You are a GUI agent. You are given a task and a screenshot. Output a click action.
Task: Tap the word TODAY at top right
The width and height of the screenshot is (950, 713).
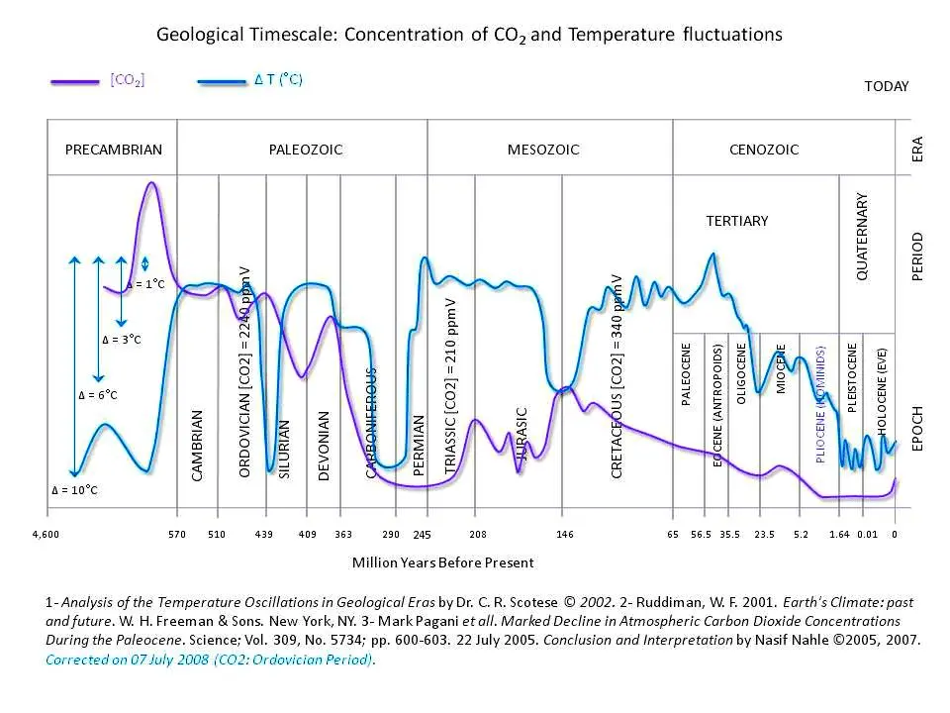[x=886, y=86]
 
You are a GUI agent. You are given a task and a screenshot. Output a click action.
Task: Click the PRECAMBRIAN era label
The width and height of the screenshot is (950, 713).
[x=113, y=150]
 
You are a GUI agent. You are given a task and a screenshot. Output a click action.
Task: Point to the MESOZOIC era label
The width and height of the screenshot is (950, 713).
[x=543, y=150]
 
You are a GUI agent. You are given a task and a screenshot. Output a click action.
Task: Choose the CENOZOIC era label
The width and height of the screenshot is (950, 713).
[x=763, y=150]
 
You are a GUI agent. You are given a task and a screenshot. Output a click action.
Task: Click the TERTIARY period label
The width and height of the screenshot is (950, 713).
[x=736, y=221]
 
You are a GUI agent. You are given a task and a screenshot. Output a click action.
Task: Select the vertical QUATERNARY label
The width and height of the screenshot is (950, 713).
[x=862, y=236]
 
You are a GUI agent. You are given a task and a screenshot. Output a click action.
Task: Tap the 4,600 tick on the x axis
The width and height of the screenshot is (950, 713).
[x=47, y=535]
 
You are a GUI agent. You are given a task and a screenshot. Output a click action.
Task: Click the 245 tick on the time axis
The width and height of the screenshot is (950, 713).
[x=423, y=535]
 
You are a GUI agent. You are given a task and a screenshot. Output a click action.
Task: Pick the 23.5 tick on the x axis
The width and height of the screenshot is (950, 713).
[x=764, y=535]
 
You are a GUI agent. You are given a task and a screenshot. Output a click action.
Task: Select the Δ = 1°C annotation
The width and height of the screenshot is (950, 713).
[x=145, y=285]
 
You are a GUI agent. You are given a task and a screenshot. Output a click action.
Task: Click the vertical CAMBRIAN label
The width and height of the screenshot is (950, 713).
[x=198, y=446]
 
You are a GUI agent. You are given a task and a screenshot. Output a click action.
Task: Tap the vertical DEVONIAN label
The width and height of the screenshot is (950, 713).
[x=324, y=446]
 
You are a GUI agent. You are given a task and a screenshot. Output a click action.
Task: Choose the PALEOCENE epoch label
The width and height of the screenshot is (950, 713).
[x=687, y=374]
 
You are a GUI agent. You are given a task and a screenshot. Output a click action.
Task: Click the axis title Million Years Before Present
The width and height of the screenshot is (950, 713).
[x=442, y=562]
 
